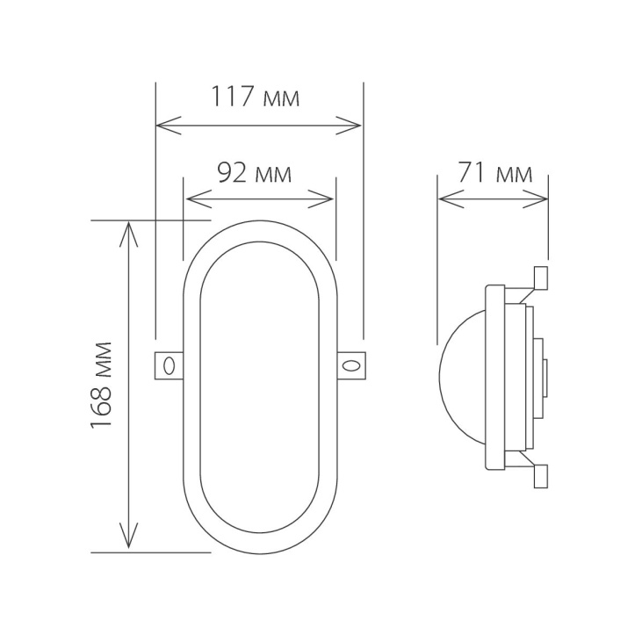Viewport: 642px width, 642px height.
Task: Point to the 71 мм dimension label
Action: [x=494, y=173]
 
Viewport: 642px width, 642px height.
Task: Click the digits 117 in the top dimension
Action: [x=230, y=97]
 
